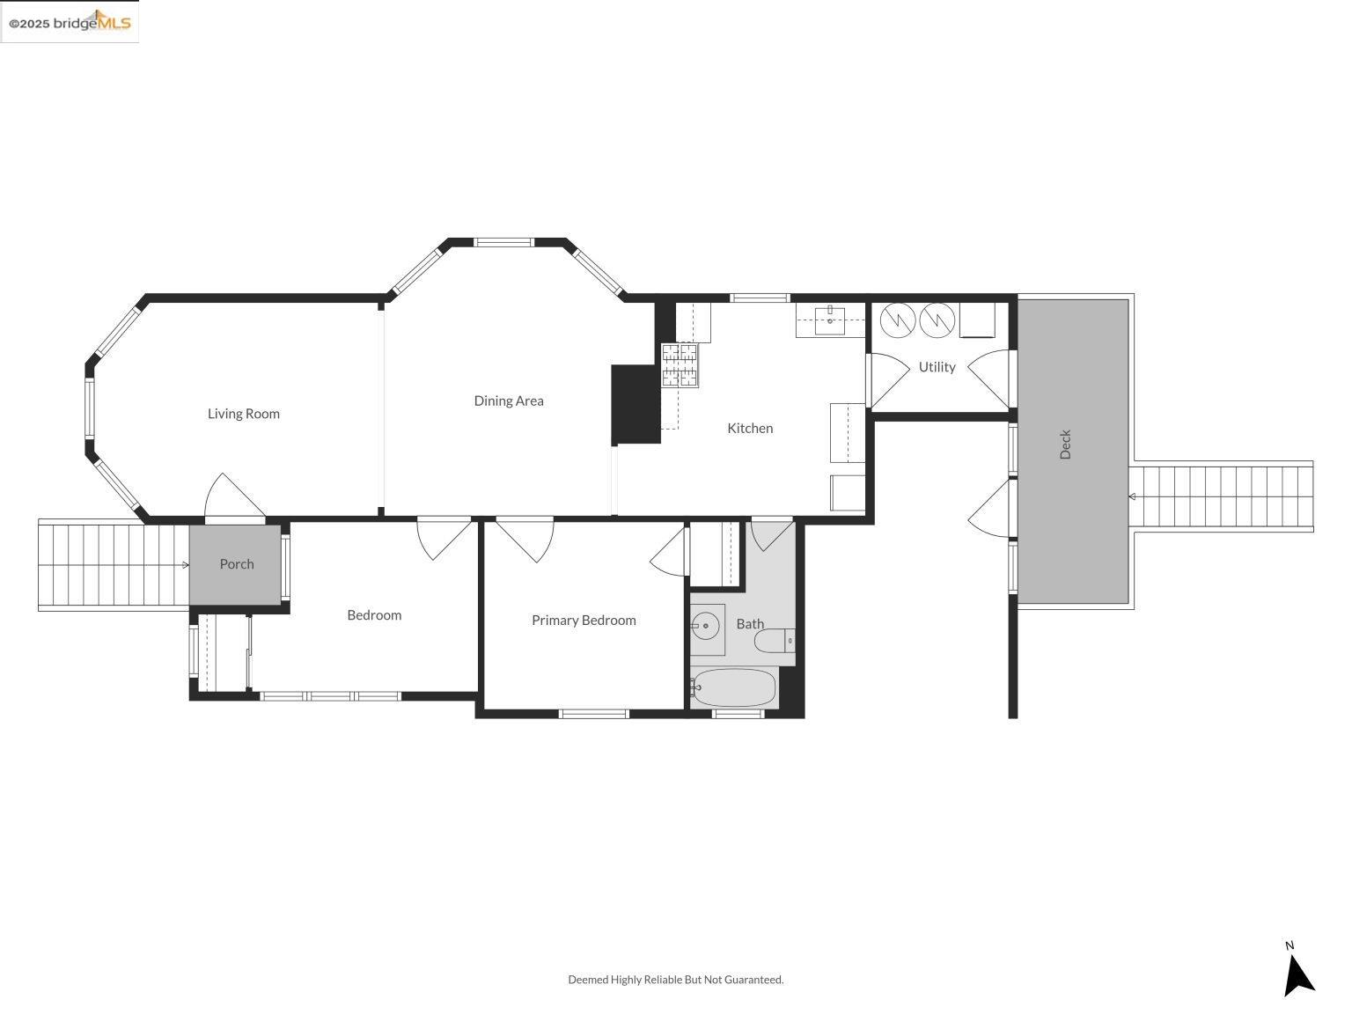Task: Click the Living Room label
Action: click(x=244, y=414)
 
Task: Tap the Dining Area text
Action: click(x=509, y=400)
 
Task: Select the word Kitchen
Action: click(x=750, y=428)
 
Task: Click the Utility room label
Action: click(x=937, y=367)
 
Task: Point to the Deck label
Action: click(x=1066, y=445)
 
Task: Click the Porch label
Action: click(x=237, y=564)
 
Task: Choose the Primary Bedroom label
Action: click(x=584, y=621)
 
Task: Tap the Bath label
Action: click(x=750, y=624)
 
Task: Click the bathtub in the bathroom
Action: click(x=734, y=687)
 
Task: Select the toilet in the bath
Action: click(x=774, y=640)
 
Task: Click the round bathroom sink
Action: click(x=705, y=628)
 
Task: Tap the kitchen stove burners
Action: click(x=680, y=365)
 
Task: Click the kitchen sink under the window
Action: click(x=830, y=320)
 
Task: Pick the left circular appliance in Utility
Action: click(x=897, y=320)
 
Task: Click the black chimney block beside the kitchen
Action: click(x=636, y=404)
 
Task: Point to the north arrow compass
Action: click(x=1297, y=973)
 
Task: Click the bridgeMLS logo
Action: click(x=70, y=22)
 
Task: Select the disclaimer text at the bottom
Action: click(x=675, y=980)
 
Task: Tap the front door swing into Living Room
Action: click(x=233, y=500)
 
